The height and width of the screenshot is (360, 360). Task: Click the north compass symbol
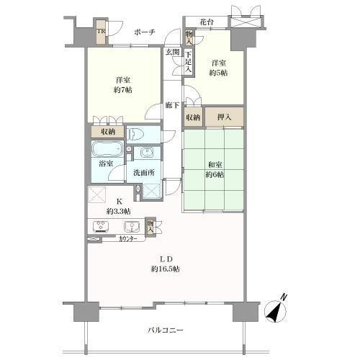point(275,311)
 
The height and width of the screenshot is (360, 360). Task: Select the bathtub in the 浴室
point(107,149)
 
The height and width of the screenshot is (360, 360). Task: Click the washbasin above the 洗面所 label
point(146,153)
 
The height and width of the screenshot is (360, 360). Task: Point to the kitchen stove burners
point(101,226)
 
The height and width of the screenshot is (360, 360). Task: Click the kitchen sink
point(132,226)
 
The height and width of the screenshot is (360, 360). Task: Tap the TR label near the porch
point(101,32)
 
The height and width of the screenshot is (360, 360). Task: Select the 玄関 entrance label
point(173,52)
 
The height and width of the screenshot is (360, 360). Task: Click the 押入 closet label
point(224,117)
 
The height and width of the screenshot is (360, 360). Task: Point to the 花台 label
point(207,22)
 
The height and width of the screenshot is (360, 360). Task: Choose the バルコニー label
point(165,330)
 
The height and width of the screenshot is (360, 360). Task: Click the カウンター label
point(128,239)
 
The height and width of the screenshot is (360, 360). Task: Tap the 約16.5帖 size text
point(166,269)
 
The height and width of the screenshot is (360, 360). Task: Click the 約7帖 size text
point(123,90)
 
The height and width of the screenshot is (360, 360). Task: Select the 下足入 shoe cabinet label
point(188,62)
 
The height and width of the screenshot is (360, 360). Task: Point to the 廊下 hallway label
point(172,105)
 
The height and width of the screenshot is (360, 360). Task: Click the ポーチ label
point(145,32)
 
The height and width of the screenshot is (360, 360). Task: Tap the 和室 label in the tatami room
point(215,165)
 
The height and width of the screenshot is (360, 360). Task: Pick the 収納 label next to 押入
point(193,117)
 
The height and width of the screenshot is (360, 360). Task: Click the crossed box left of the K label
point(97,195)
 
